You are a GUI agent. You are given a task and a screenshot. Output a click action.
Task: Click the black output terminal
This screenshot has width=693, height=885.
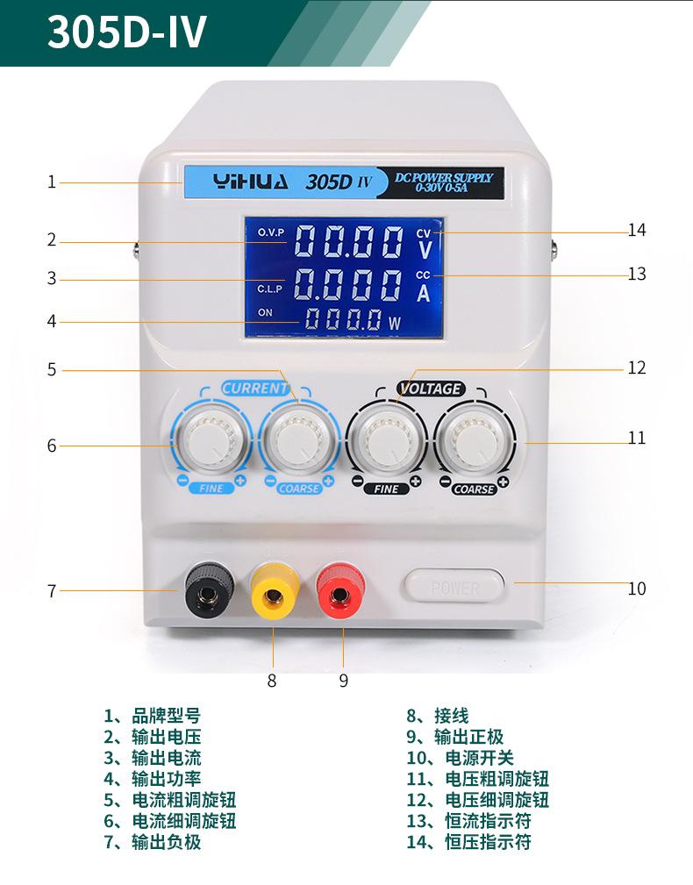pos(210,589)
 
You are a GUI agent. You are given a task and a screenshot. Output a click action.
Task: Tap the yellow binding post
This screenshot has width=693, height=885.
pos(275,591)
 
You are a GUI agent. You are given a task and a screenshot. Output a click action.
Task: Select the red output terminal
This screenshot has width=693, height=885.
pos(340,590)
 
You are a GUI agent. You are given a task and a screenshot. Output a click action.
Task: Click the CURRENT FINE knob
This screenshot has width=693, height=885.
pos(211,439)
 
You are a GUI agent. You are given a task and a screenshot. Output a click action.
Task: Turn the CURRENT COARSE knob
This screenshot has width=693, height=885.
pos(298,439)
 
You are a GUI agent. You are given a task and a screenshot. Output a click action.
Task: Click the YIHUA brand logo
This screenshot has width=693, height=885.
pos(251,182)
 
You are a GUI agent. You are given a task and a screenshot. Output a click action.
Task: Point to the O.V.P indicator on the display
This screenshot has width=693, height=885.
pos(271,232)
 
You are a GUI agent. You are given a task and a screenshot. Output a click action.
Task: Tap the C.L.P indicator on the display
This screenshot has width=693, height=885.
pos(269,289)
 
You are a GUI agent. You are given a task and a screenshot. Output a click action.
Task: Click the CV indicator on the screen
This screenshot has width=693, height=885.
pos(423,233)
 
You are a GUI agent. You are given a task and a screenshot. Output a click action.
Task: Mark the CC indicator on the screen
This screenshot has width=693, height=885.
pos(423,275)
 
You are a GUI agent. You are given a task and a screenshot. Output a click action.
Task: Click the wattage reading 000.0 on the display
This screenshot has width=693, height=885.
pos(343,319)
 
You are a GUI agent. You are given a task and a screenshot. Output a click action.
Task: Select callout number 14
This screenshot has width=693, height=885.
pos(637,230)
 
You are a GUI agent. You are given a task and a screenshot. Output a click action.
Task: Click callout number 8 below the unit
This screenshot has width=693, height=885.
pos(272,681)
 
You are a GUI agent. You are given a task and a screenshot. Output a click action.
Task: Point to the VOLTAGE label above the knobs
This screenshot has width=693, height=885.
pos(430,389)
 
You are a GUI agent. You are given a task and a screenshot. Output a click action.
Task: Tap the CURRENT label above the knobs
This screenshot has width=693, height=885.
pos(255,388)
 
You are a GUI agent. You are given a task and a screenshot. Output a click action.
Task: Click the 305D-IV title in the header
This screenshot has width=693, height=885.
pos(127,32)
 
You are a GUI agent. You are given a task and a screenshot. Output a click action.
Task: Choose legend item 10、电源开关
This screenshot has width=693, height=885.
pos(460,758)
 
